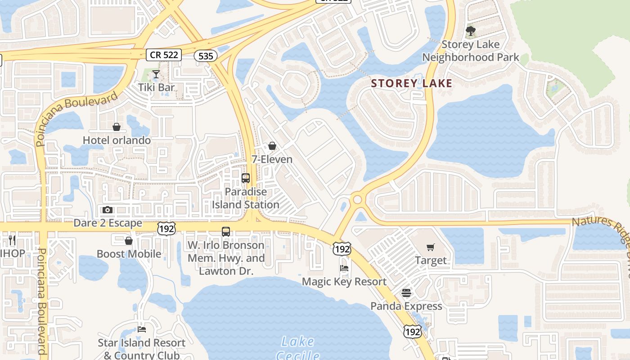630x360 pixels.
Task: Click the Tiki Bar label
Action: tap(156, 87)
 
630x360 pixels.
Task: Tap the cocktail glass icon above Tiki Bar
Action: tap(156, 74)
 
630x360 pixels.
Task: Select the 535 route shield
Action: tap(206, 56)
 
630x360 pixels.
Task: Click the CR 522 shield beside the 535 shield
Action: tap(164, 55)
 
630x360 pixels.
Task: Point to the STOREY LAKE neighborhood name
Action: tap(411, 83)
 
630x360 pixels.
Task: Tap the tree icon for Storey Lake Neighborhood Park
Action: tap(470, 31)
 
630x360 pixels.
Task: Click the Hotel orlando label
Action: tap(117, 140)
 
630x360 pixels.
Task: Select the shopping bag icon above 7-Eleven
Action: tap(272, 146)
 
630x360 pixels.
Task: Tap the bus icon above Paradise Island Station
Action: tap(246, 178)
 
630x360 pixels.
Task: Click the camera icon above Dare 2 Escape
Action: tap(108, 210)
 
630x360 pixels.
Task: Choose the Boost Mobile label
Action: tap(129, 254)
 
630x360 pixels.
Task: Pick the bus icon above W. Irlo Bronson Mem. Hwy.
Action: tap(226, 232)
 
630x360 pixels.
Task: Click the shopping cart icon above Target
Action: tap(431, 247)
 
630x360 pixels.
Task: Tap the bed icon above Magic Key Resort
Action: tap(344, 268)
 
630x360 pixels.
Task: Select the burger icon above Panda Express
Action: tap(406, 293)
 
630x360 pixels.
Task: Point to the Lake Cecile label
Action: tap(297, 348)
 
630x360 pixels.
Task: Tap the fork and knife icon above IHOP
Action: tap(12, 240)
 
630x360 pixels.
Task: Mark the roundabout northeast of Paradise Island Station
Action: tap(358, 199)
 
